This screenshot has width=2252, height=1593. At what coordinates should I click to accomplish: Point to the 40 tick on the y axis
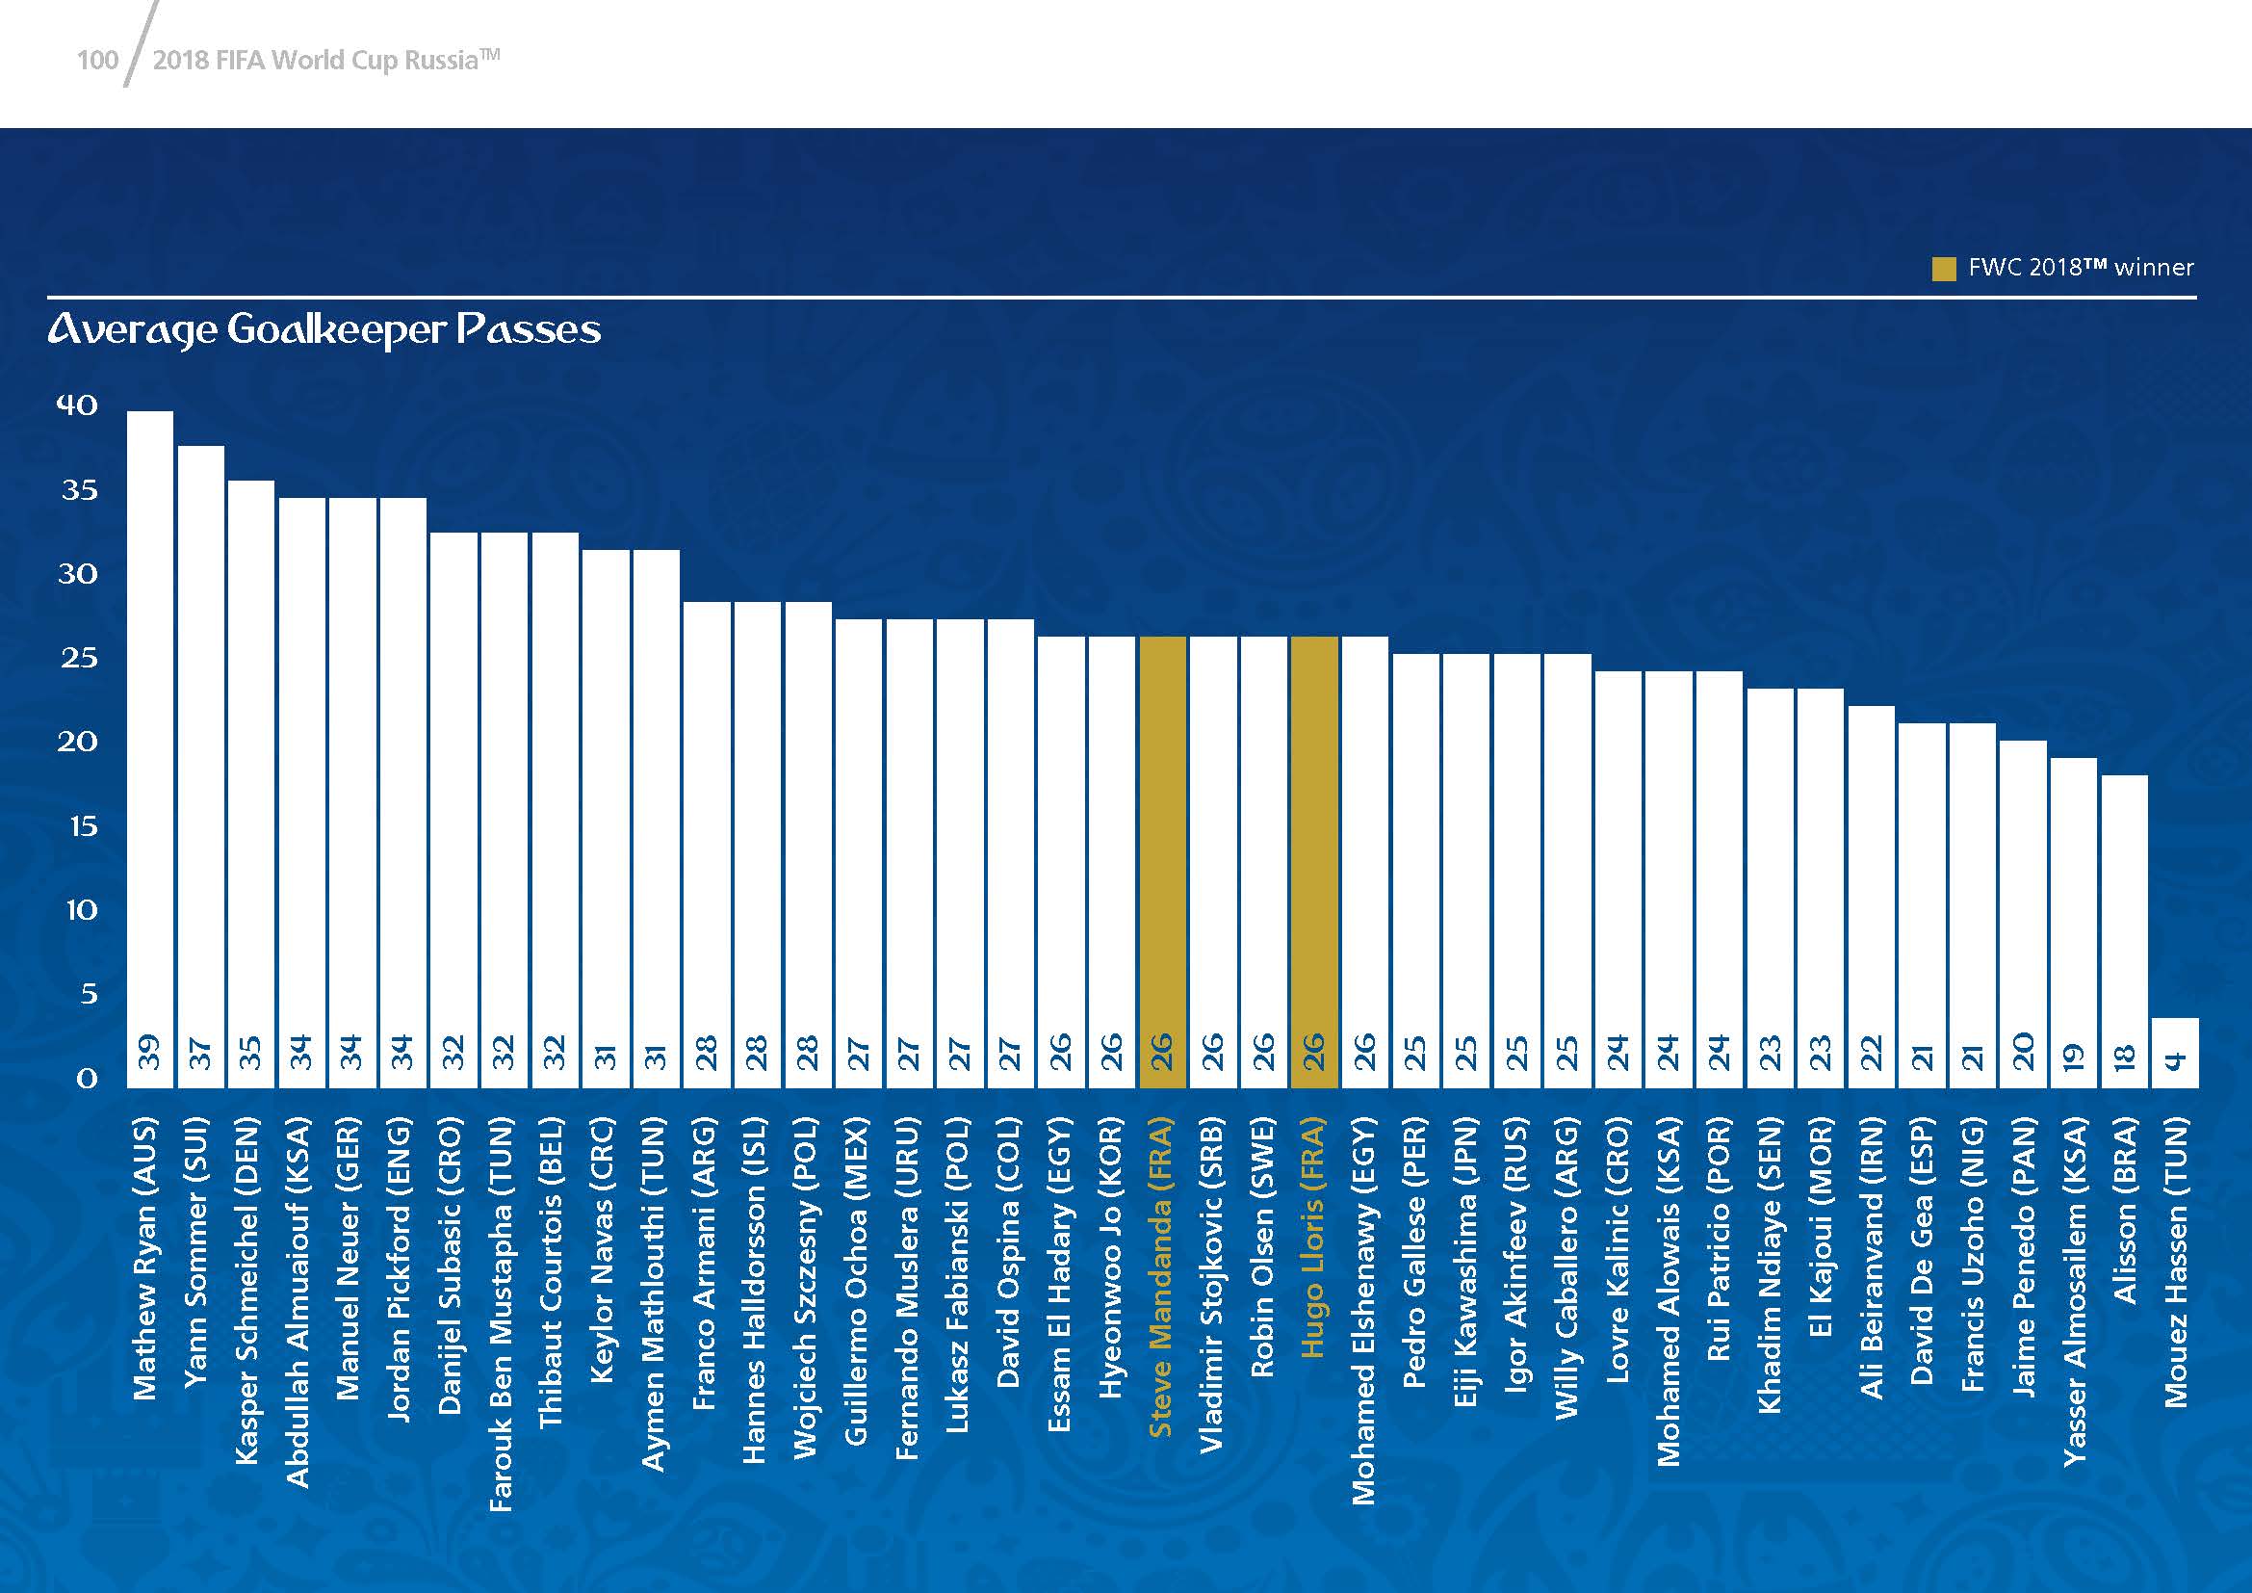[x=77, y=405]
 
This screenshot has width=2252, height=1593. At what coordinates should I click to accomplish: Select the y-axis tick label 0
[x=87, y=1079]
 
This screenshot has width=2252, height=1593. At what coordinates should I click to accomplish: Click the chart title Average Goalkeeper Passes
[x=324, y=329]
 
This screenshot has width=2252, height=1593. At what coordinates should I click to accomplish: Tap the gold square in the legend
[x=1943, y=269]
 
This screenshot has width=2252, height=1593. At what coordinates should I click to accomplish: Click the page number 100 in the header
[x=97, y=61]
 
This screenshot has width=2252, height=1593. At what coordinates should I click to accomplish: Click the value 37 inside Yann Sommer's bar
[x=200, y=1053]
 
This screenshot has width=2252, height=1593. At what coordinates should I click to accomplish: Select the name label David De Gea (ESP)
[x=1923, y=1251]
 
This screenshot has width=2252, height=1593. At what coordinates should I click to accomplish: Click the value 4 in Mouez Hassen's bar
[x=2175, y=1060]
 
